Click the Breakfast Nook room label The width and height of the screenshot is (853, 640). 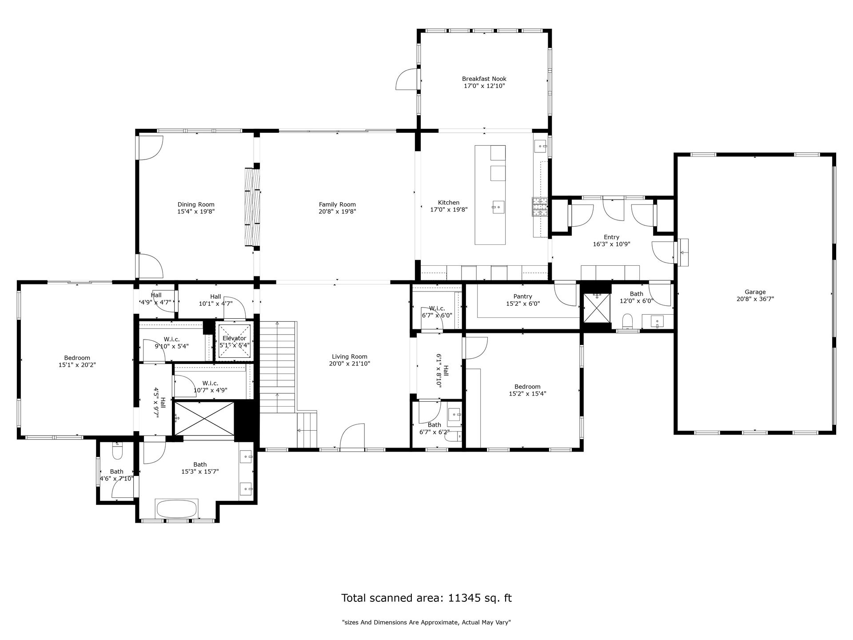click(484, 79)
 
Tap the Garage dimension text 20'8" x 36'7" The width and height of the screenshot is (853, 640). click(755, 299)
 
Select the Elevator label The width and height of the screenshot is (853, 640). click(234, 338)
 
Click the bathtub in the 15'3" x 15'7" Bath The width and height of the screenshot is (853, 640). click(176, 508)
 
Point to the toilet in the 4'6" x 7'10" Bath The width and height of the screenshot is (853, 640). click(117, 451)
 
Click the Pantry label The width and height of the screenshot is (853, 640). click(522, 296)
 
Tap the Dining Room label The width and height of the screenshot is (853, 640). click(196, 205)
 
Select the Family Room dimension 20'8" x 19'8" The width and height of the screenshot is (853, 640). click(337, 212)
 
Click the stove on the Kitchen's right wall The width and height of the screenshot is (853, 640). click(541, 207)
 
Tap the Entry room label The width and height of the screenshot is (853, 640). click(611, 237)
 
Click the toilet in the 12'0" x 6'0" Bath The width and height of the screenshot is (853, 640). click(627, 321)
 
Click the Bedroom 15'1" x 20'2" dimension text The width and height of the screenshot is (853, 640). click(77, 365)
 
